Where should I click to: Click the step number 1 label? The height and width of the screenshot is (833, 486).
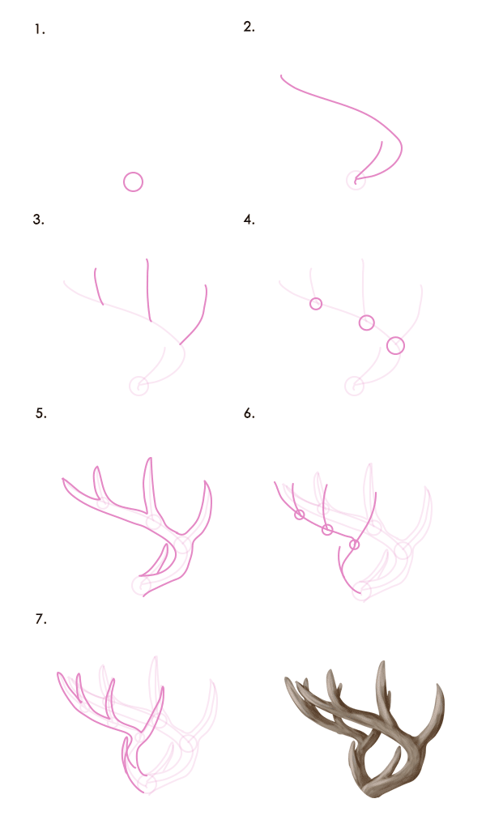(40, 30)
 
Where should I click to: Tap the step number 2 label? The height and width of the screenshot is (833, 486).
(249, 27)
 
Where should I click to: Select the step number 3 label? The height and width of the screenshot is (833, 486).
(38, 220)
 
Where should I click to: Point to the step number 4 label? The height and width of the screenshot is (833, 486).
(249, 220)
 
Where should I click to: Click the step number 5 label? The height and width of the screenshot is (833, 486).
(40, 413)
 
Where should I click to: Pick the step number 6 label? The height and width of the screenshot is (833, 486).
(249, 413)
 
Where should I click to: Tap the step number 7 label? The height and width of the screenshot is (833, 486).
(40, 619)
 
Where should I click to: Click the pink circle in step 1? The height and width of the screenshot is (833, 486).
(133, 173)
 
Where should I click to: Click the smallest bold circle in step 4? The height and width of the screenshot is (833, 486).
(316, 298)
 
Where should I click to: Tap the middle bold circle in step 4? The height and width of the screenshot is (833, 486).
(366, 315)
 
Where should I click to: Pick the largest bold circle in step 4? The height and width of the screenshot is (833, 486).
(395, 337)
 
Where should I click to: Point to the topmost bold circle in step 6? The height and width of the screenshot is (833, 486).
(299, 510)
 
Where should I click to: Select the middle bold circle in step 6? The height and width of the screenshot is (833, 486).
(327, 525)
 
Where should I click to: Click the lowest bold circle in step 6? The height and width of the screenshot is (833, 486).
(354, 540)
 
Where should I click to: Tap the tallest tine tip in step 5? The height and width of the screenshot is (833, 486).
(151, 457)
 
